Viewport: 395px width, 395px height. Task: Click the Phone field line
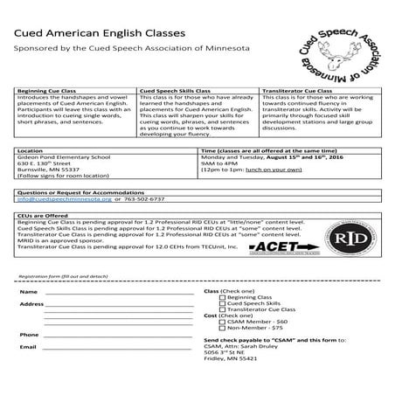118,336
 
